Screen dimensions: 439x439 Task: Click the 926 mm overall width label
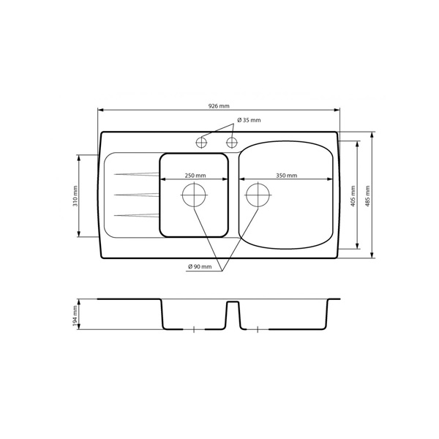[x=219, y=106]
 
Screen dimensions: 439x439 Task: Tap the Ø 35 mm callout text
[x=249, y=120]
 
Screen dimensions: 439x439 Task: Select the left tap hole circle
[x=201, y=143]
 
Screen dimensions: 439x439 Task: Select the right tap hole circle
[x=231, y=143]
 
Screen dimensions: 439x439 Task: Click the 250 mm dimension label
[x=195, y=176]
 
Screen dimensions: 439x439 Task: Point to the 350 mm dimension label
[x=286, y=176]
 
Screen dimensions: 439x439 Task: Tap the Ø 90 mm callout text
[x=200, y=266]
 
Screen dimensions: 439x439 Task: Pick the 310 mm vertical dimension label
[x=75, y=196]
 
